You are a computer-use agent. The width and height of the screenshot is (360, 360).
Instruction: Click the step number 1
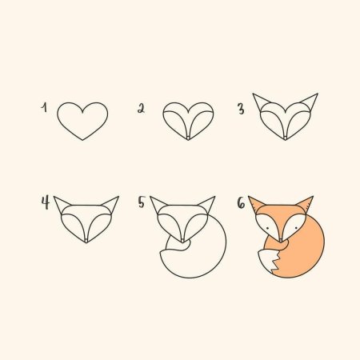tap(46, 106)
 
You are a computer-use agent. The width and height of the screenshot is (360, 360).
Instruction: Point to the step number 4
tap(46, 202)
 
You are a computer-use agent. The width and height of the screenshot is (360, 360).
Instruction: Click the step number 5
tap(142, 203)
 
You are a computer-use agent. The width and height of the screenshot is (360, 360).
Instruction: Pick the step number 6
tap(240, 203)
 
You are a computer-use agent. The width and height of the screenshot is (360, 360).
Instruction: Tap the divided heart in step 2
tap(189, 120)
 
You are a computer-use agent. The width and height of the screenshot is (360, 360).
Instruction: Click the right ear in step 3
tap(310, 103)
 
